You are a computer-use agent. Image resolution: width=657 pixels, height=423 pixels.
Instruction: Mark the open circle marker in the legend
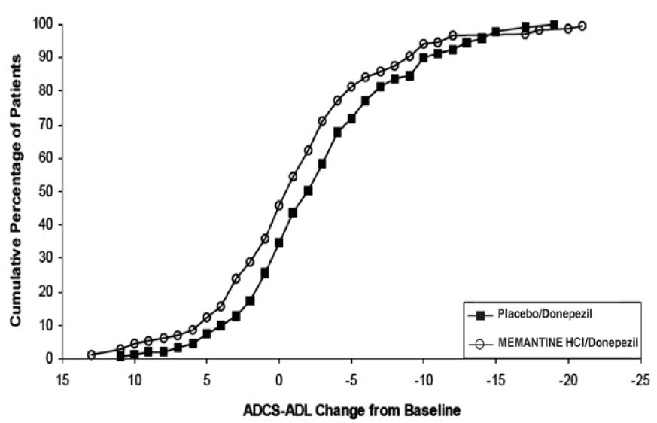click(x=478, y=343)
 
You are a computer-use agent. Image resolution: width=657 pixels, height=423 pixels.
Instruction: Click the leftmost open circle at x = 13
click(x=91, y=355)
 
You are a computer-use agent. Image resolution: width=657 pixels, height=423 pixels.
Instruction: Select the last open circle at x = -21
click(x=582, y=26)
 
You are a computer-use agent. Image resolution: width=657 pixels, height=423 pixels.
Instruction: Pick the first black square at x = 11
click(x=120, y=357)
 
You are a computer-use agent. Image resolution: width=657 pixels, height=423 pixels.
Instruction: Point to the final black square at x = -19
click(x=554, y=25)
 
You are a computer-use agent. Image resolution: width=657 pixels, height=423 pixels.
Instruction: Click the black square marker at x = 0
click(x=279, y=242)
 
